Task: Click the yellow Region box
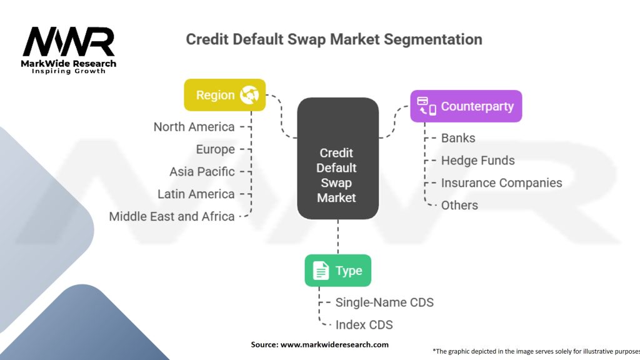(x=224, y=95)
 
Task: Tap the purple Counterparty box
(x=466, y=106)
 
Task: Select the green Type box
(x=338, y=271)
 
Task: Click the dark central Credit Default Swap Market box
(x=337, y=158)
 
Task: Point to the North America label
(x=194, y=127)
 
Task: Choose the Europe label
(x=215, y=149)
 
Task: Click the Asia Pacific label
(x=202, y=171)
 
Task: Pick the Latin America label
(x=196, y=194)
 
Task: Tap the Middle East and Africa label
(x=172, y=216)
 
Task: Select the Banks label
(x=458, y=138)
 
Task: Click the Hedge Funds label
(x=478, y=161)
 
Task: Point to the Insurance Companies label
(x=502, y=183)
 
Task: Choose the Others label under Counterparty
(x=459, y=205)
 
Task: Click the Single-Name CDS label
(x=384, y=302)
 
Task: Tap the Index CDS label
(x=364, y=325)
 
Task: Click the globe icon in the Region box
(x=249, y=95)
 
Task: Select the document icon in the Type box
(x=321, y=271)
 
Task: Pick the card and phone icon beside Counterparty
(x=426, y=106)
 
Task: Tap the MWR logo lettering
(x=69, y=42)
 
